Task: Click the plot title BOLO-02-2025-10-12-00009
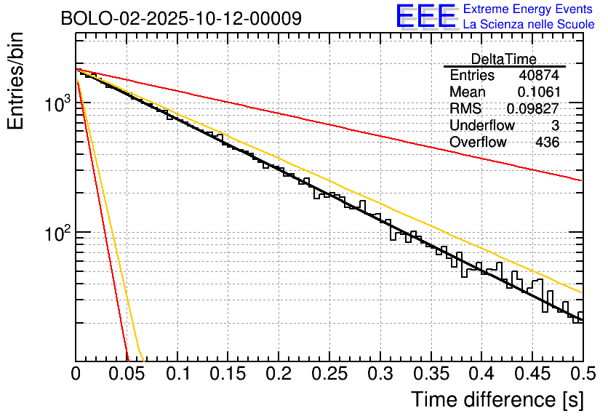click(x=181, y=18)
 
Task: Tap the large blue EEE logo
click(x=425, y=16)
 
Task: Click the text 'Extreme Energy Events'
click(x=528, y=9)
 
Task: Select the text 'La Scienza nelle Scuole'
click(x=528, y=24)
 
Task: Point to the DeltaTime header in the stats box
click(x=503, y=59)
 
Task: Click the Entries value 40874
click(x=539, y=76)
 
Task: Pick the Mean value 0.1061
click(x=538, y=92)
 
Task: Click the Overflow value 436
click(x=547, y=143)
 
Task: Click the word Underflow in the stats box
click(x=482, y=126)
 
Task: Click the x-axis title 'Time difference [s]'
click(x=497, y=399)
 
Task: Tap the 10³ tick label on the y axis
click(x=56, y=104)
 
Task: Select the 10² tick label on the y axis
click(x=56, y=233)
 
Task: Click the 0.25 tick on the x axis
click(x=329, y=375)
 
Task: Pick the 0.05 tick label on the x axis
click(x=126, y=375)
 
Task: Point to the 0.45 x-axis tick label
click(x=532, y=375)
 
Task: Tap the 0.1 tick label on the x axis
click(x=177, y=375)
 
